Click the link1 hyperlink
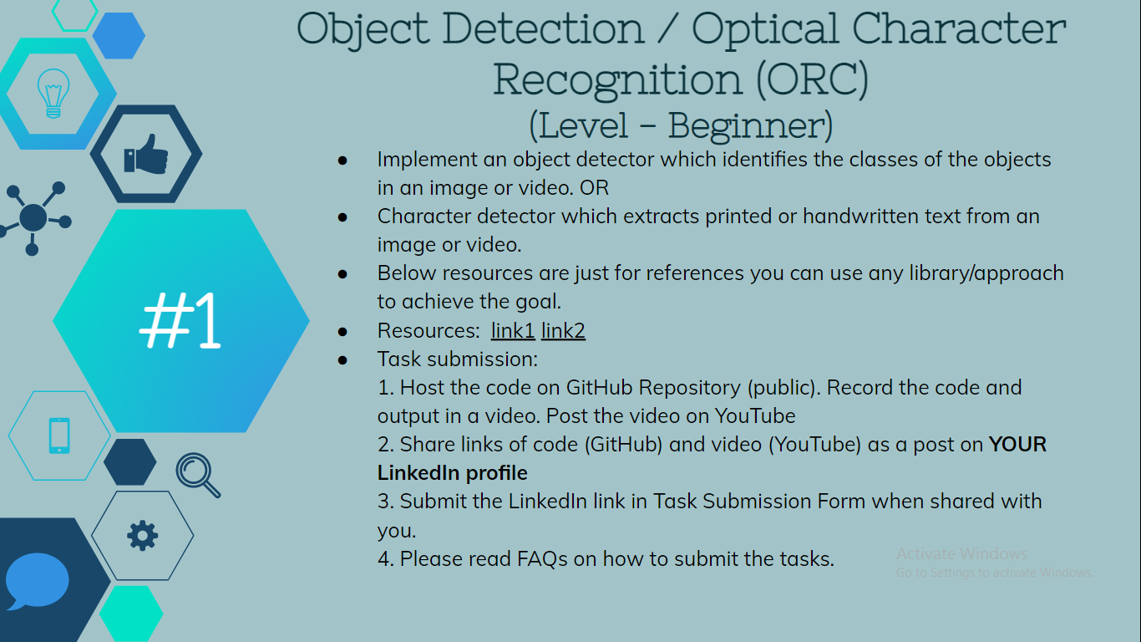click(x=513, y=331)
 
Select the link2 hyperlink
click(x=563, y=331)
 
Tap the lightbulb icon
click(x=53, y=92)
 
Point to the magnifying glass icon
click(x=198, y=474)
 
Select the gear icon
click(x=143, y=535)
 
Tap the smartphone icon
click(x=59, y=436)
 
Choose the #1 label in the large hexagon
click(x=180, y=321)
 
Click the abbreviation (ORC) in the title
click(x=812, y=79)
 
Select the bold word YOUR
click(x=1017, y=445)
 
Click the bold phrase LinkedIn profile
click(x=452, y=473)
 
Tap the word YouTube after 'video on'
click(x=754, y=416)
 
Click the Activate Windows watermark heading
click(x=961, y=553)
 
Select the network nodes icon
click(x=33, y=218)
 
